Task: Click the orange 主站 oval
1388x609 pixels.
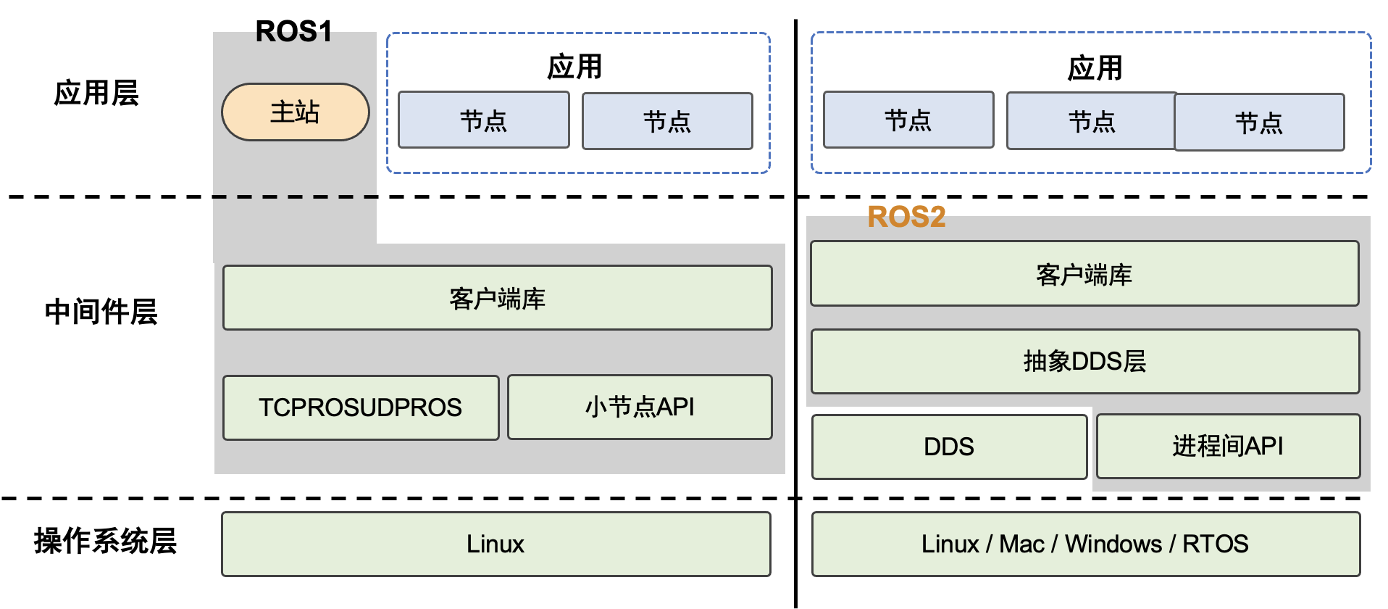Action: (x=295, y=112)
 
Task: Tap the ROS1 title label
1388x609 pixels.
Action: (x=293, y=31)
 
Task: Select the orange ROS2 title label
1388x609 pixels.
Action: (x=906, y=217)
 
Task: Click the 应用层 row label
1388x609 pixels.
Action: (x=96, y=94)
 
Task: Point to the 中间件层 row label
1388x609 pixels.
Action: (x=101, y=312)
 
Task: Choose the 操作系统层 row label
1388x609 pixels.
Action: (x=105, y=541)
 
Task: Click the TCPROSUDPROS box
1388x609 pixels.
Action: (x=361, y=407)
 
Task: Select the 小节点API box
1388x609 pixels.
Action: (x=640, y=407)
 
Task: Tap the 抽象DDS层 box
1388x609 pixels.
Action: (x=1084, y=361)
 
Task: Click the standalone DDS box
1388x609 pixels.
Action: (x=949, y=447)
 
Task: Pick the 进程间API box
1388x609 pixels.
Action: (x=1228, y=446)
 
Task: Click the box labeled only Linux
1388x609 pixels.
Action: (x=496, y=544)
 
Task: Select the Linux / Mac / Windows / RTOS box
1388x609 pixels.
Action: (x=1085, y=544)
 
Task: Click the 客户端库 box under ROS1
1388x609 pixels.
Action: (x=497, y=298)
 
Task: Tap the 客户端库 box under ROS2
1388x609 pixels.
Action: (x=1084, y=274)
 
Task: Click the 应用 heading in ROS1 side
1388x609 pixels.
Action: (x=574, y=67)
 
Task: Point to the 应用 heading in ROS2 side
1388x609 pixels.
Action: (x=1095, y=68)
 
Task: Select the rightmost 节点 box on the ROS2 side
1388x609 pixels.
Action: (x=1259, y=123)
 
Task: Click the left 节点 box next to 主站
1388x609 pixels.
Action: (x=483, y=120)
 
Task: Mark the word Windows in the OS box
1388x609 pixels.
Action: (x=1113, y=544)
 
